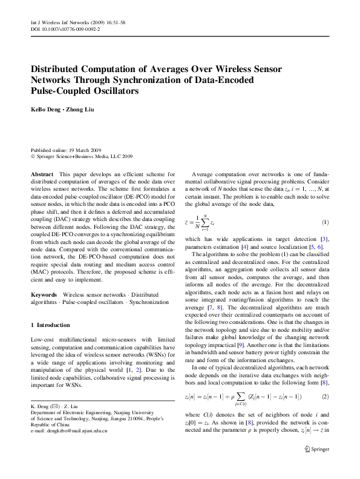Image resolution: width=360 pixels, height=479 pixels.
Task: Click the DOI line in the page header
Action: coord(65,28)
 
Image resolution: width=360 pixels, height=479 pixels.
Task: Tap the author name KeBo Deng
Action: coord(47,109)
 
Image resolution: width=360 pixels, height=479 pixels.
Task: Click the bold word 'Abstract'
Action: coord(42,174)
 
